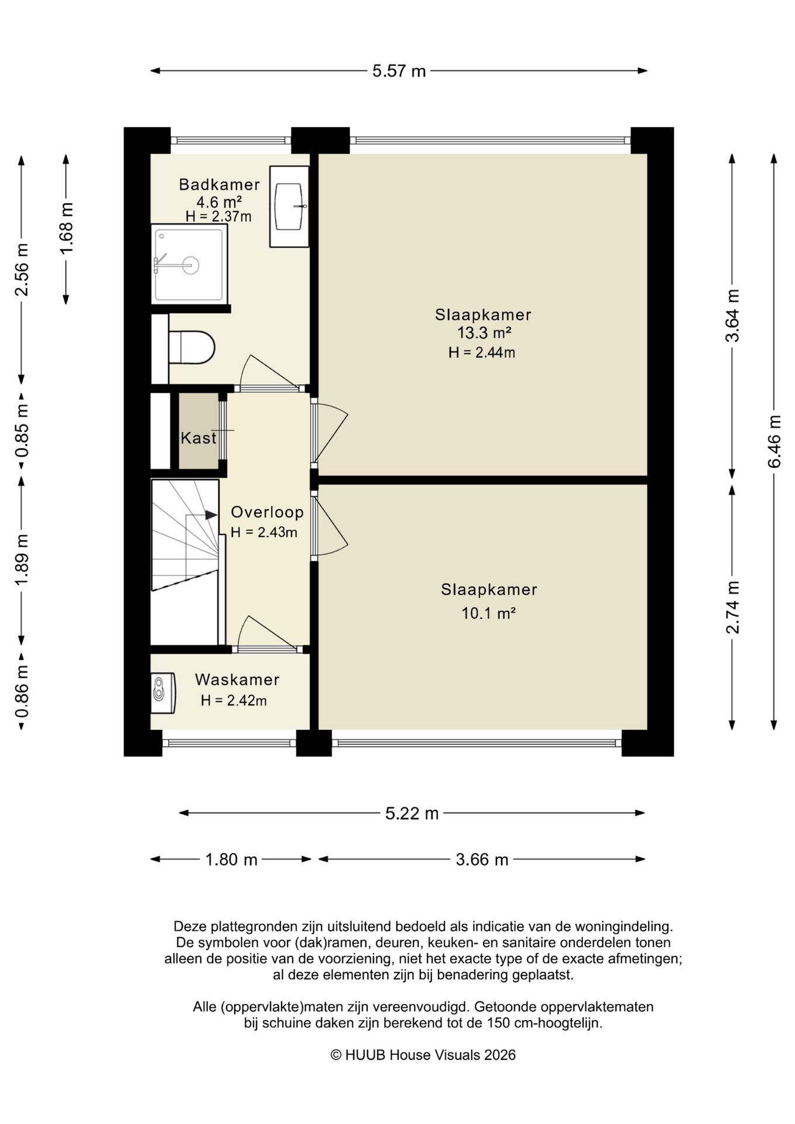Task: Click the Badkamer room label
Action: (x=219, y=184)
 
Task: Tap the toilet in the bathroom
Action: (x=191, y=347)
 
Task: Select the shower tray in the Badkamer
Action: (x=189, y=265)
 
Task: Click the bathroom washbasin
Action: (x=289, y=206)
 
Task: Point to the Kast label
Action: (x=198, y=438)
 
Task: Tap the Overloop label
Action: (x=267, y=512)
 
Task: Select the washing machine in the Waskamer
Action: (x=163, y=693)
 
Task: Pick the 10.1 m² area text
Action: (x=488, y=614)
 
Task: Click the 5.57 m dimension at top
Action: (x=399, y=71)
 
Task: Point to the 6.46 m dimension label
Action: (x=775, y=441)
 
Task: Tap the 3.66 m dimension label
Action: (x=482, y=859)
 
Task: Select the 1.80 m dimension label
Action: (x=231, y=859)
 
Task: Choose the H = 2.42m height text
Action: (x=234, y=701)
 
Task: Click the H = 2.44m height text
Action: (x=482, y=352)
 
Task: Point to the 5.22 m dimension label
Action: (x=412, y=813)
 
